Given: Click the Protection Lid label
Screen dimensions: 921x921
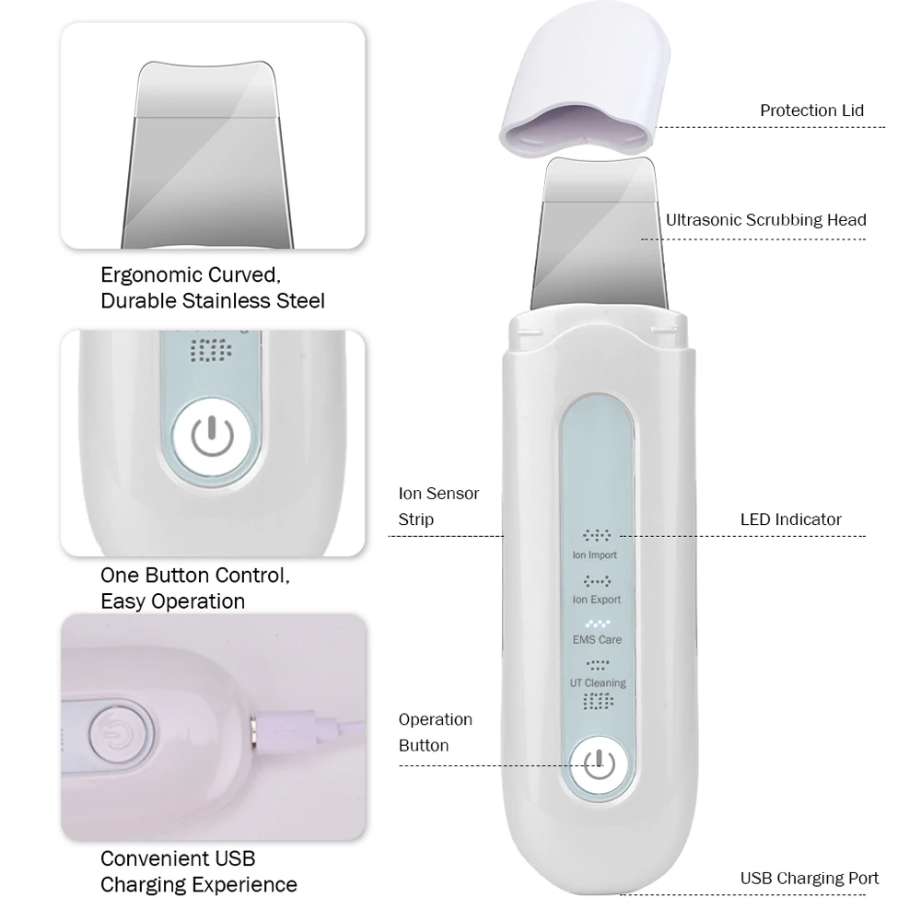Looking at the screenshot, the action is coord(811,111).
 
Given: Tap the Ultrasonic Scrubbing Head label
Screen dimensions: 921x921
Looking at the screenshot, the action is coord(766,220).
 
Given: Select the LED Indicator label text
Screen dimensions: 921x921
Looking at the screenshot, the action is coord(790,519).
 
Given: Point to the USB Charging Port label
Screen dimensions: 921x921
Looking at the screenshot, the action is coord(810,878).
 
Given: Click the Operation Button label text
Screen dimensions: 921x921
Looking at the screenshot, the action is coord(435,732).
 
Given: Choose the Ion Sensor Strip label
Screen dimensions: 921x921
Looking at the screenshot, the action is coord(438,507).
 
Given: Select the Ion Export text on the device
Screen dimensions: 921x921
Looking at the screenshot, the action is coord(598,600).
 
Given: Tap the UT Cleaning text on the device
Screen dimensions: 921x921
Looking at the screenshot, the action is coord(598,682).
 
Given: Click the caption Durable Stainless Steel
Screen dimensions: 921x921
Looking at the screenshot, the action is coord(213,300).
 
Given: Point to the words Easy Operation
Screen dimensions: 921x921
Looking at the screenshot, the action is coord(172,601).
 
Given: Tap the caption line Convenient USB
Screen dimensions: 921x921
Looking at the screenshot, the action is coord(178,858).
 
